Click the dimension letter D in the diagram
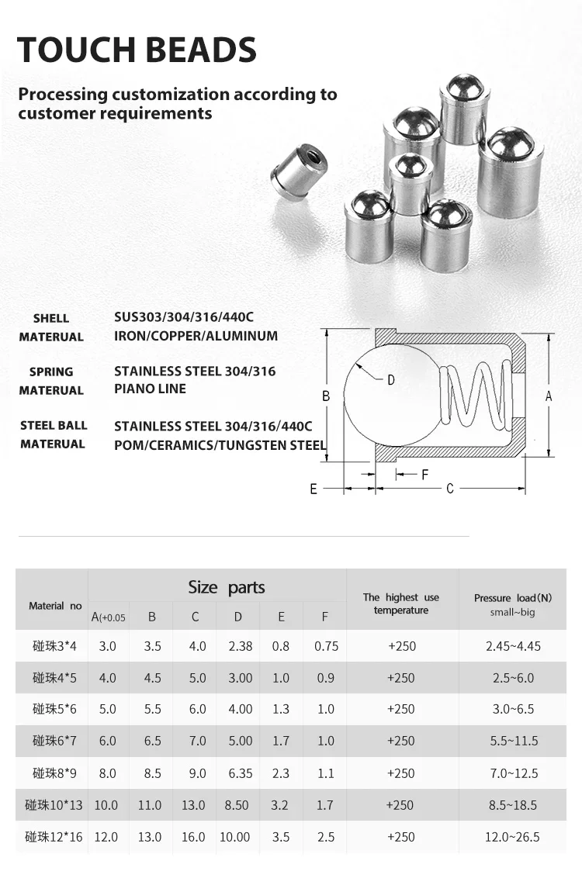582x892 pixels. tap(391, 379)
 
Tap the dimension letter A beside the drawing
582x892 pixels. tap(549, 396)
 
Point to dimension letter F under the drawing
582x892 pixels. tap(424, 474)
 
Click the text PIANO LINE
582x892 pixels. tap(150, 389)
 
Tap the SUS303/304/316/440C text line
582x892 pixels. tap(184, 317)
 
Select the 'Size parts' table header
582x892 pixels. tap(226, 587)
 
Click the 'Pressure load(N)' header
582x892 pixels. tap(513, 598)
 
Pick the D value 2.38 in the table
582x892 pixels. tap(240, 646)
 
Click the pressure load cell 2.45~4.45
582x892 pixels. tap(513, 646)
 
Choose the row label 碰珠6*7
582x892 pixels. tap(54, 741)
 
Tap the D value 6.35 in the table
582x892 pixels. tap(240, 773)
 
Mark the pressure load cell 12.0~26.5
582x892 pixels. tap(513, 837)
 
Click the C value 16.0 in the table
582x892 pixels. tap(194, 837)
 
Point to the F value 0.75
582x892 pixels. tap(326, 646)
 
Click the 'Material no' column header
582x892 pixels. tap(55, 606)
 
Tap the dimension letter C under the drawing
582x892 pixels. tap(450, 489)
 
